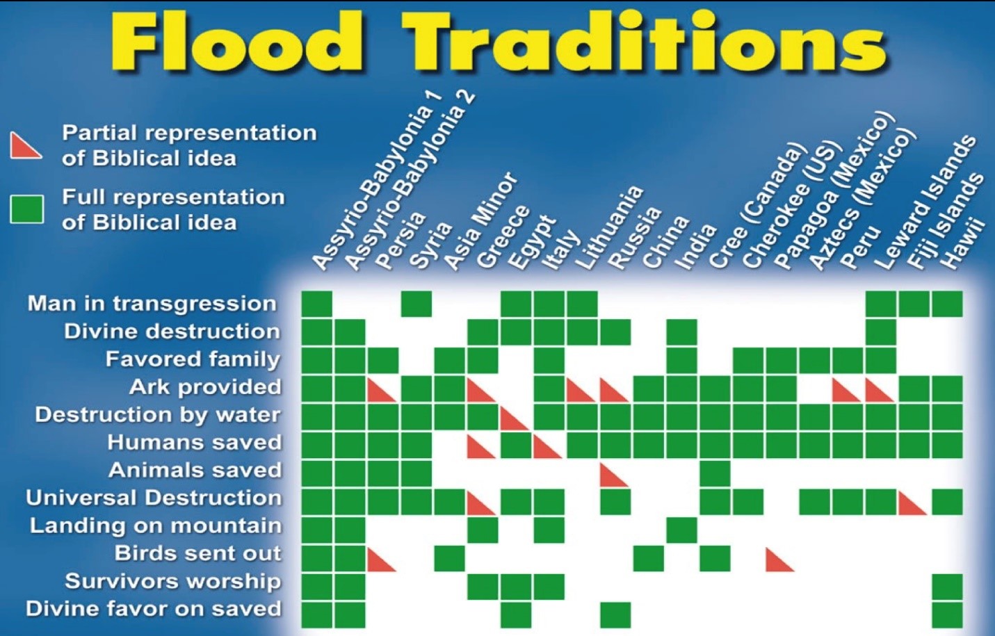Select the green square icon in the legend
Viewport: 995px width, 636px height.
click(26, 209)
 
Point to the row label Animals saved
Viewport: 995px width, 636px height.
click(195, 471)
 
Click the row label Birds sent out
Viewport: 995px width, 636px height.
click(197, 554)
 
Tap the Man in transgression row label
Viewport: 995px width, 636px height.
click(152, 304)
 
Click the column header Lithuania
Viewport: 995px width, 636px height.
click(608, 229)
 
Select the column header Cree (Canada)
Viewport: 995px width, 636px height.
click(754, 209)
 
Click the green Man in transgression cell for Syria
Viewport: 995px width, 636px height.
click(416, 304)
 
